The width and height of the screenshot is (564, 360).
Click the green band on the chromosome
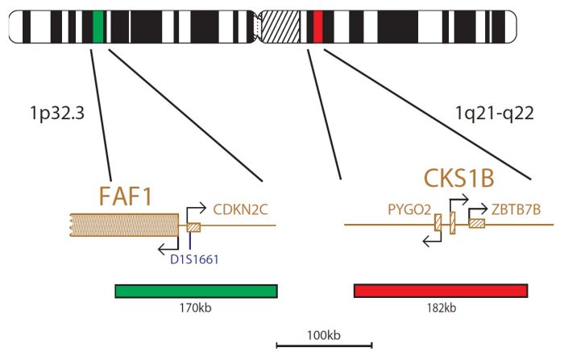pos(98,27)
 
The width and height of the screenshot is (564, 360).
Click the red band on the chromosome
pos(317,27)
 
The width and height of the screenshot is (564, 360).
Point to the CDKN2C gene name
pos(240,211)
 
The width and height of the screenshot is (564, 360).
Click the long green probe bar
pos(196,291)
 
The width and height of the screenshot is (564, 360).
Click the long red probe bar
pos(441,291)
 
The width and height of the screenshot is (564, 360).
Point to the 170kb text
pos(197,308)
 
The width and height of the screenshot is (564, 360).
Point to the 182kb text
pos(440,308)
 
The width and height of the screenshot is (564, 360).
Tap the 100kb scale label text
pos(324,333)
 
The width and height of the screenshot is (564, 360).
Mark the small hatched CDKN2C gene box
pos(193,226)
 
